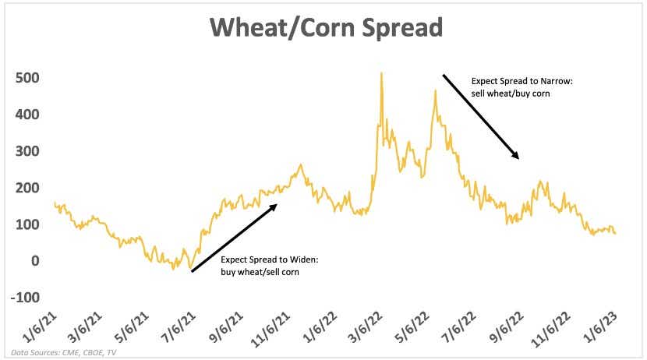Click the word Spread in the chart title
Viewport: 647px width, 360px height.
(x=403, y=28)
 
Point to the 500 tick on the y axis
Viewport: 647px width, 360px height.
(x=27, y=77)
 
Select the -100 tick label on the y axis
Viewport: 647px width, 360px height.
(x=25, y=298)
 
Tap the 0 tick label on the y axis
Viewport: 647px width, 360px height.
(x=36, y=260)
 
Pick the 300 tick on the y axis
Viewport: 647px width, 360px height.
(x=27, y=151)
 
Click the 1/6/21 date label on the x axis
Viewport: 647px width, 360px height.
(x=39, y=328)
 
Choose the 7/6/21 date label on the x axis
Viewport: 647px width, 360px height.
(x=179, y=328)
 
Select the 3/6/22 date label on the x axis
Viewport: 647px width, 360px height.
(x=365, y=328)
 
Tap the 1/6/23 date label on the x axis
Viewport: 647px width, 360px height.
(x=599, y=328)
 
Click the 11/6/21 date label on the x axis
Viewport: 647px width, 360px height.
(x=270, y=330)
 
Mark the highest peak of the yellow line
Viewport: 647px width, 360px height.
(x=381, y=73)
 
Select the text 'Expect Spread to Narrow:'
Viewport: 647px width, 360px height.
(x=522, y=81)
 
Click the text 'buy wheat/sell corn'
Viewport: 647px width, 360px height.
(x=260, y=272)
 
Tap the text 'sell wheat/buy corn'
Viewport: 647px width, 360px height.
(x=511, y=94)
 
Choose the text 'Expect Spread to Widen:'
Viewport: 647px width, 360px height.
(x=270, y=259)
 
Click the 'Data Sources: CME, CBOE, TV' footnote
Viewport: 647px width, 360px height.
(x=64, y=352)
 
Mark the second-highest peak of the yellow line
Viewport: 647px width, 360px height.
(x=435, y=91)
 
